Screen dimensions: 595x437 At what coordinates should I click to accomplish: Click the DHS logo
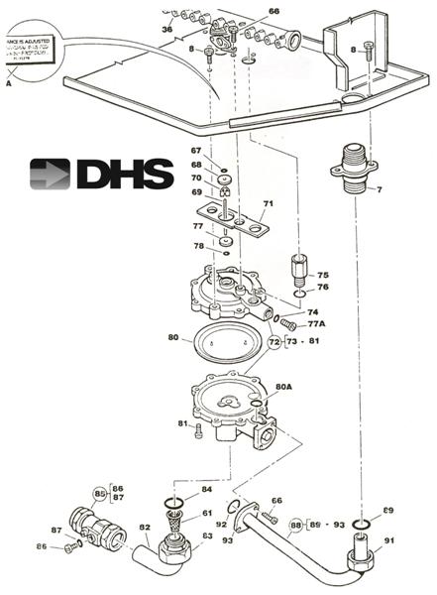92,174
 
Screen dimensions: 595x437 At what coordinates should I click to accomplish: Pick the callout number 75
323,275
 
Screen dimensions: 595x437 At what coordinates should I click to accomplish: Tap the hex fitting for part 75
299,271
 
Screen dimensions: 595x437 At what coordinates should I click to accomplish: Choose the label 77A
319,324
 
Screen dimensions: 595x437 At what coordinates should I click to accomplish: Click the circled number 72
274,342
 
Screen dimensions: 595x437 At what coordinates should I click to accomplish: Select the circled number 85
100,493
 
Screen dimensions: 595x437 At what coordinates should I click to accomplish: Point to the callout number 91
387,540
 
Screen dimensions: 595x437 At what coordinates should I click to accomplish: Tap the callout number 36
166,30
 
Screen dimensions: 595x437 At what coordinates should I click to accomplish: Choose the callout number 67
196,151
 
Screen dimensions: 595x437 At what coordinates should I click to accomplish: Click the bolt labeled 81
198,429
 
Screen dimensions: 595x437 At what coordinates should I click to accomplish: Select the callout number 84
206,489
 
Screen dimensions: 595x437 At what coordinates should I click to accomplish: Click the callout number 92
222,525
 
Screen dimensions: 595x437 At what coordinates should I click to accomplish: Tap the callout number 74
313,311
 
